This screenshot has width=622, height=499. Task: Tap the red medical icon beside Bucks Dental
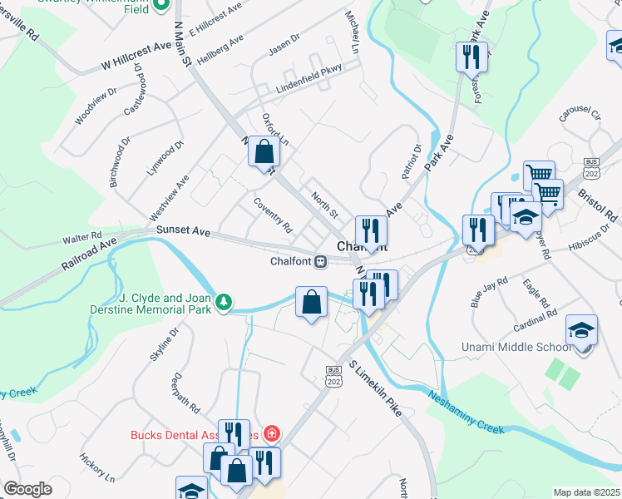pos(271,434)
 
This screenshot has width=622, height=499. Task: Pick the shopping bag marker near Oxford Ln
pos(264,154)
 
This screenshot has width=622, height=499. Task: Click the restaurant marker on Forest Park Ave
pos(471,57)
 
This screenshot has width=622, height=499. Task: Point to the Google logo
pos(27,488)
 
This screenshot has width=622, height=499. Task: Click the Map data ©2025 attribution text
pos(587,492)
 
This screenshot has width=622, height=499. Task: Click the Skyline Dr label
pos(164,344)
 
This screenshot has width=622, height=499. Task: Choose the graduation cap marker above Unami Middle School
pos(581,329)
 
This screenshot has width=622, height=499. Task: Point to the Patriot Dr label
pos(412,161)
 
